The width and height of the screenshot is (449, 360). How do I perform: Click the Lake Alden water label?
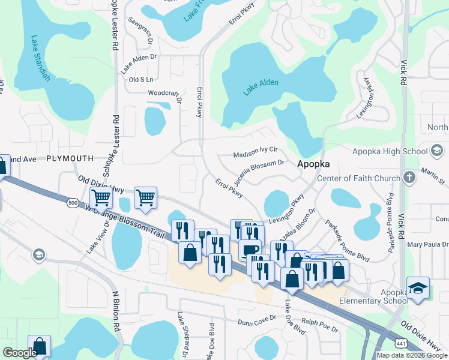tap(261, 86)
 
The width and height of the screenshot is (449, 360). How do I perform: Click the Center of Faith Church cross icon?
tap(409, 178)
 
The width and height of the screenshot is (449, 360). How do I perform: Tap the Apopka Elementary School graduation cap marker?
tap(418, 287)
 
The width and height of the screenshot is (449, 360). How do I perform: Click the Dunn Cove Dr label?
tap(257, 322)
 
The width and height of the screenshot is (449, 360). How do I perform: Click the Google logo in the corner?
tap(20, 353)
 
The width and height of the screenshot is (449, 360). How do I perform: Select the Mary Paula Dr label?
tap(427, 244)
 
